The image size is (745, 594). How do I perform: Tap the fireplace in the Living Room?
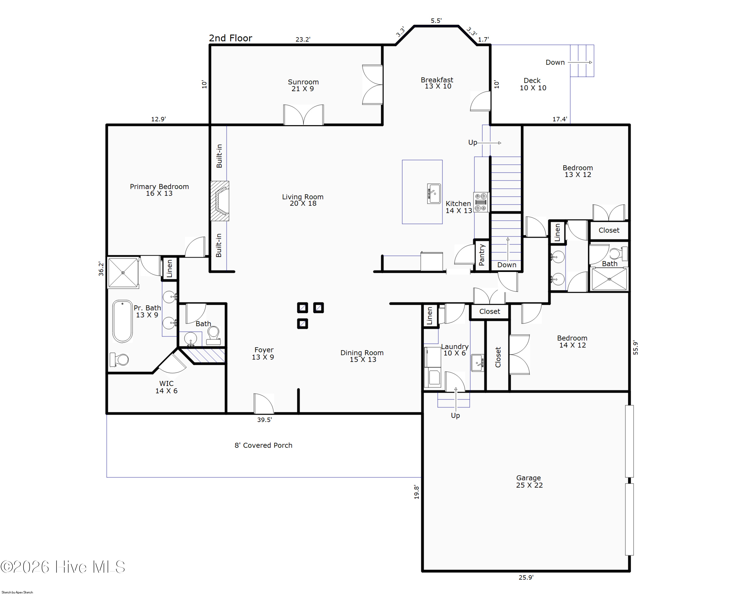pyautogui.click(x=220, y=201)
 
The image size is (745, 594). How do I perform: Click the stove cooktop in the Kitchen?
pyautogui.click(x=481, y=202)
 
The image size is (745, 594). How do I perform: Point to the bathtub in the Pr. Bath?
pyautogui.click(x=122, y=321)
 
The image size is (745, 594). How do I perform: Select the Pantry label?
pyautogui.click(x=482, y=255)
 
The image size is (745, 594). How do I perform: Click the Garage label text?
pyautogui.click(x=529, y=478)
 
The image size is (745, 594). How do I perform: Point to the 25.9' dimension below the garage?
pyautogui.click(x=526, y=577)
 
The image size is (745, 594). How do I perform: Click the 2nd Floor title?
pyautogui.click(x=230, y=38)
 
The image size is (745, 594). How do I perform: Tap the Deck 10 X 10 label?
pyautogui.click(x=533, y=84)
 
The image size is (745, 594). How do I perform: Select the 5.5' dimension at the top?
pyautogui.click(x=436, y=21)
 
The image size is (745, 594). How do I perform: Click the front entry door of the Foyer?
pyautogui.click(x=264, y=403)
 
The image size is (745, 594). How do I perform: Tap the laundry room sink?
pyautogui.click(x=478, y=363)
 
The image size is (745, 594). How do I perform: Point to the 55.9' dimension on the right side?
pyautogui.click(x=636, y=348)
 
